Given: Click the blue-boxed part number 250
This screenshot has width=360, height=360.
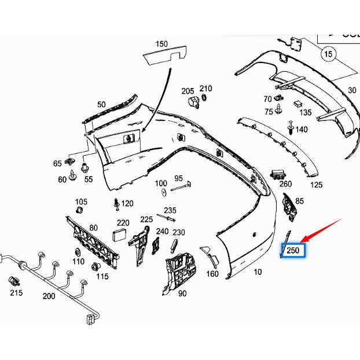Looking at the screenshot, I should pyautogui.click(x=293, y=251).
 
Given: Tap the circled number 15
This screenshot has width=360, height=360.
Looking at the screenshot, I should pyautogui.click(x=329, y=54).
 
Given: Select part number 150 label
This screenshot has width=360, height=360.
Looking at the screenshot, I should pyautogui.click(x=161, y=44).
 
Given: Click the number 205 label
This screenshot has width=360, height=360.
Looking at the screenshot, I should pyautogui.click(x=188, y=91).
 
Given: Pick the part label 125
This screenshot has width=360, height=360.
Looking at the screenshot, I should pyautogui.click(x=316, y=185).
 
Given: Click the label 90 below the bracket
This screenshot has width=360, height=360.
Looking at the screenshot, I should pyautogui.click(x=182, y=293).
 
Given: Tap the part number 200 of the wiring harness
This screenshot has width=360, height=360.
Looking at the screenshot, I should pyautogui.click(x=49, y=296).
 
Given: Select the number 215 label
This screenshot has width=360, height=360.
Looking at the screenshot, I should pyautogui.click(x=16, y=293).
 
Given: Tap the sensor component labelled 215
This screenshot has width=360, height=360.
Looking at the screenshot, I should pyautogui.click(x=16, y=280).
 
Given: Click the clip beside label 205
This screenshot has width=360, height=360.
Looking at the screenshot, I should pyautogui.click(x=194, y=102).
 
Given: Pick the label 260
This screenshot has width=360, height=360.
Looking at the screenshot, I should pyautogui.click(x=285, y=184).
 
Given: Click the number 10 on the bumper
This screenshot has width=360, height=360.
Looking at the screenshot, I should pyautogui.click(x=258, y=271).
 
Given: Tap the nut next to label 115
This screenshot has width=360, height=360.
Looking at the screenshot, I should pyautogui.click(x=96, y=266).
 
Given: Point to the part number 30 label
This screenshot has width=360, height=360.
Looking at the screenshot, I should pyautogui.click(x=352, y=90).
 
